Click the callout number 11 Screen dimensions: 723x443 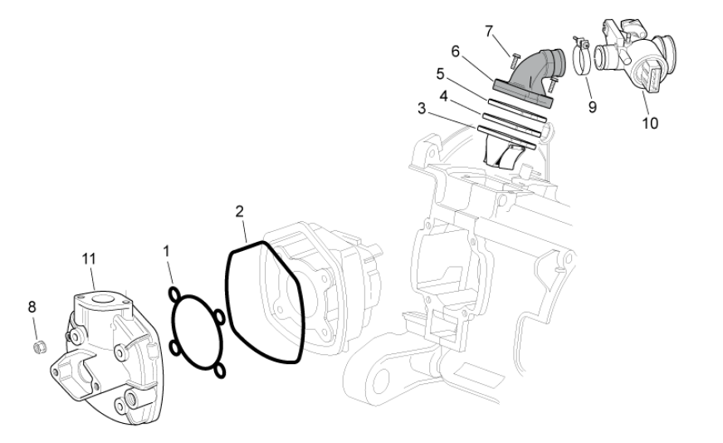(x=89, y=258)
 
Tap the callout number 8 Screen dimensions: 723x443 (x=32, y=307)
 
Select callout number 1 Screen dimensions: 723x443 (x=167, y=252)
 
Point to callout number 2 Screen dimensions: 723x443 (x=239, y=212)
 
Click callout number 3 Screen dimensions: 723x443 (x=422, y=109)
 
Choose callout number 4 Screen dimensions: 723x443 (x=443, y=96)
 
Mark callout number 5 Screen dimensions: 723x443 (x=440, y=74)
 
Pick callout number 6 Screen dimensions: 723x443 (x=455, y=52)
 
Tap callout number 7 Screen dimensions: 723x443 (x=489, y=32)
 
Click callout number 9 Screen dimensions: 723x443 (x=593, y=107)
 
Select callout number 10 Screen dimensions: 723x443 (x=650, y=123)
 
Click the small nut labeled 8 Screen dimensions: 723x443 (x=41, y=347)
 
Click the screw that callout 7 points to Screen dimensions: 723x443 (x=515, y=60)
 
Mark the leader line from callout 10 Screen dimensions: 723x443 (x=646, y=103)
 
